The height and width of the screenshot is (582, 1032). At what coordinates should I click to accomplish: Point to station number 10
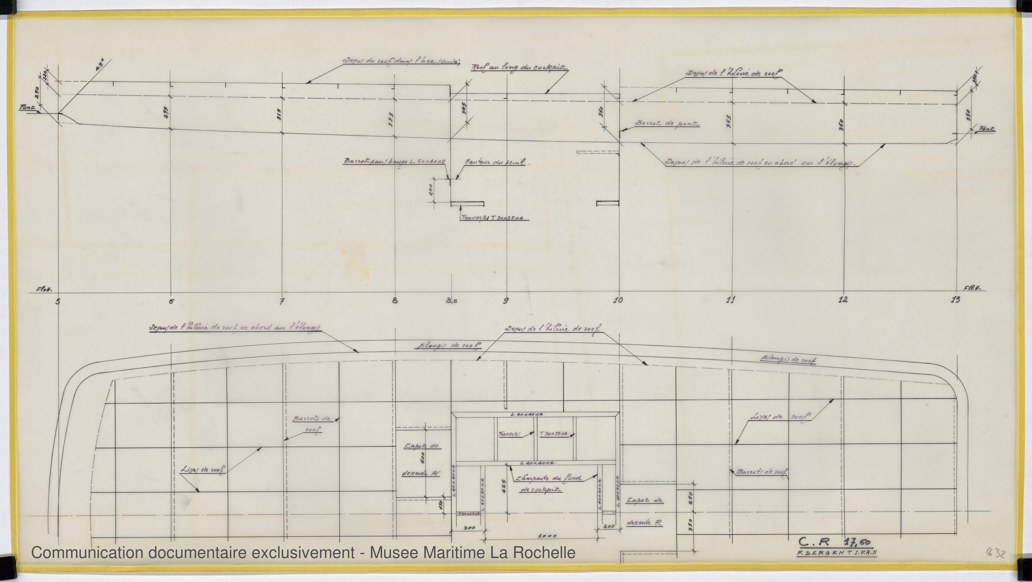[618, 300]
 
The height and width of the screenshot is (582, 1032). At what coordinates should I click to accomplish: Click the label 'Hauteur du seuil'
[497, 163]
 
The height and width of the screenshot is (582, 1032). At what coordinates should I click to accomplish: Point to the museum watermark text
[303, 553]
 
